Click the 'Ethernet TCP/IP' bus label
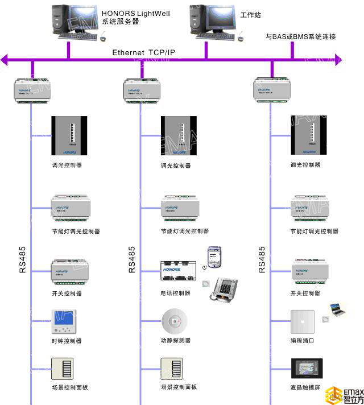tap(143, 52)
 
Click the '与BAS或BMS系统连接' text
tap(301, 37)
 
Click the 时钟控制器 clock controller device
tap(62, 322)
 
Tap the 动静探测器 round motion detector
tap(174, 321)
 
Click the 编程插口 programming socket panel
tap(303, 322)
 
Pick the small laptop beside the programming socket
tap(336, 309)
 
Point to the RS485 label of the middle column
tap(132, 260)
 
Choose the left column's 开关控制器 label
tap(67, 294)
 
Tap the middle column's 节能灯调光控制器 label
tap(184, 232)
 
